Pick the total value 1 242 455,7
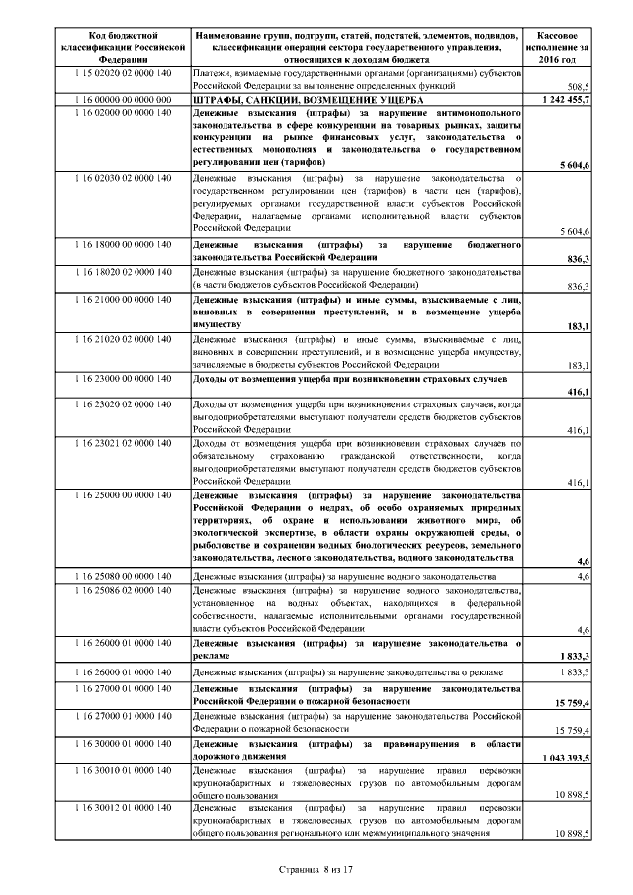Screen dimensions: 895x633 566,101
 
